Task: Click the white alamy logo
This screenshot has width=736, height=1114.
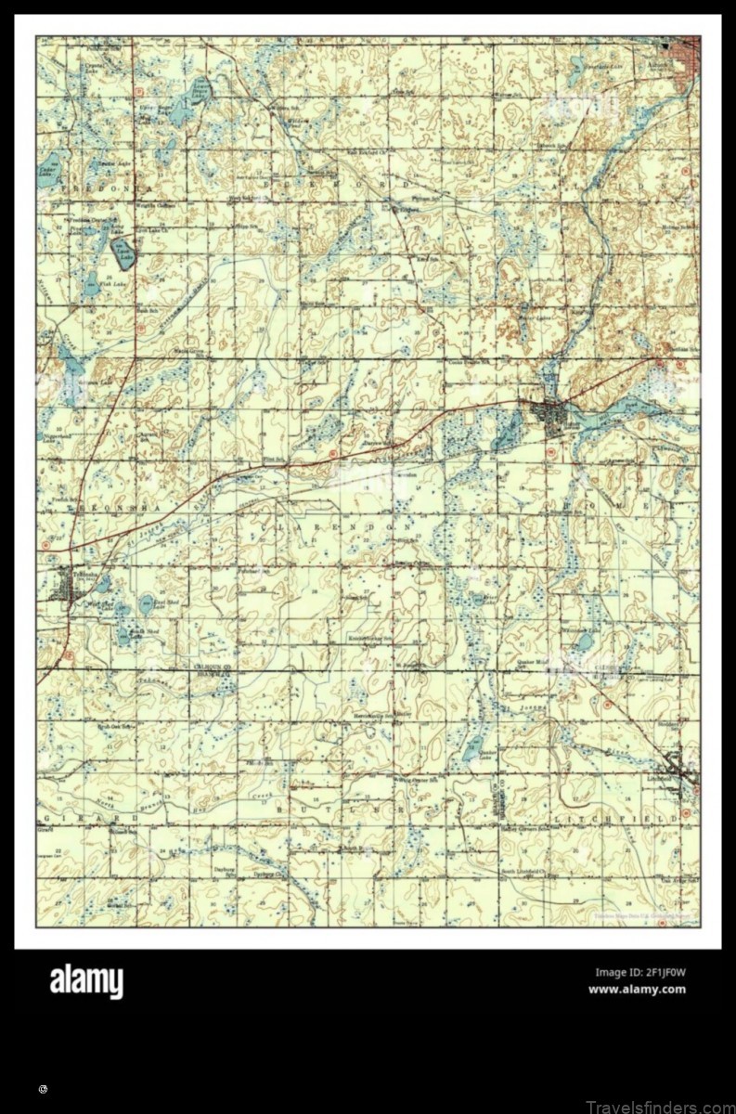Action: [x=85, y=981]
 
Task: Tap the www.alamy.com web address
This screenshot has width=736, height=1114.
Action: [x=637, y=989]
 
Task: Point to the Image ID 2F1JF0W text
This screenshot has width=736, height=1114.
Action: [x=639, y=972]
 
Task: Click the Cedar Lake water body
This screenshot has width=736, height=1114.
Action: [x=45, y=171]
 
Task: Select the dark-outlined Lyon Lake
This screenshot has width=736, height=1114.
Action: [x=123, y=252]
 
